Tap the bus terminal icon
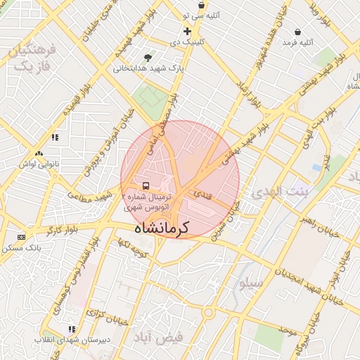pyautogui.click(x=145, y=186)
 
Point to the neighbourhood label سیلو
pyautogui.click(x=250, y=283)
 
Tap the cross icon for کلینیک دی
pyautogui.click(x=187, y=32)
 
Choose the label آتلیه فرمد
pyautogui.click(x=296, y=43)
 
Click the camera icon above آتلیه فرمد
pyautogui.click(x=298, y=32)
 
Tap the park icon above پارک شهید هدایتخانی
pyautogui.click(x=148, y=57)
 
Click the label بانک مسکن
pyautogui.click(x=21, y=248)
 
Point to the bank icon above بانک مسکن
pyautogui.click(x=21, y=237)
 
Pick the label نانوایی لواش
pyautogui.click(x=37, y=164)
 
